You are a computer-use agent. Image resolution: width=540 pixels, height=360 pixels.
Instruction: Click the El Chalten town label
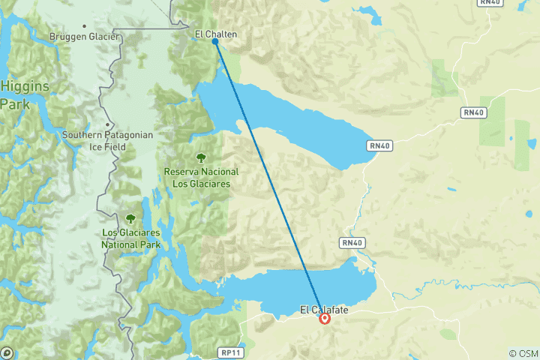[217, 34]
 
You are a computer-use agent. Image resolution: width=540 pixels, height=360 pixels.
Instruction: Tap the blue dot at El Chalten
[215, 42]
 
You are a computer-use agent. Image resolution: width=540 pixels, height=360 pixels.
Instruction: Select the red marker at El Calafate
[325, 318]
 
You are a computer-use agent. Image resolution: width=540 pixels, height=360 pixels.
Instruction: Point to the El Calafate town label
[325, 308]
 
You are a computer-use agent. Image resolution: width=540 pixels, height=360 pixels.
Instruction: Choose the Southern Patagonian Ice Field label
[108, 141]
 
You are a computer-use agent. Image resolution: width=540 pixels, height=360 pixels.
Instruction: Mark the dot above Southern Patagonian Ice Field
[108, 125]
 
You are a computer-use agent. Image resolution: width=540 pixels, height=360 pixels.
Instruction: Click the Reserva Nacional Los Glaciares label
[201, 177]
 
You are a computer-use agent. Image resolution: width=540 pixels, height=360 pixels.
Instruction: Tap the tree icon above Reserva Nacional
[201, 157]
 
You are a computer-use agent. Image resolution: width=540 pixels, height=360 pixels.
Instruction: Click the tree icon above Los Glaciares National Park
[130, 218]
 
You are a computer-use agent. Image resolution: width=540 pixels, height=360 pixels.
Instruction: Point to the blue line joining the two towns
[270, 180]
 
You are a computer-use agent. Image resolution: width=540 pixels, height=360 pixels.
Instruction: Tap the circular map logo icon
[7, 352]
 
